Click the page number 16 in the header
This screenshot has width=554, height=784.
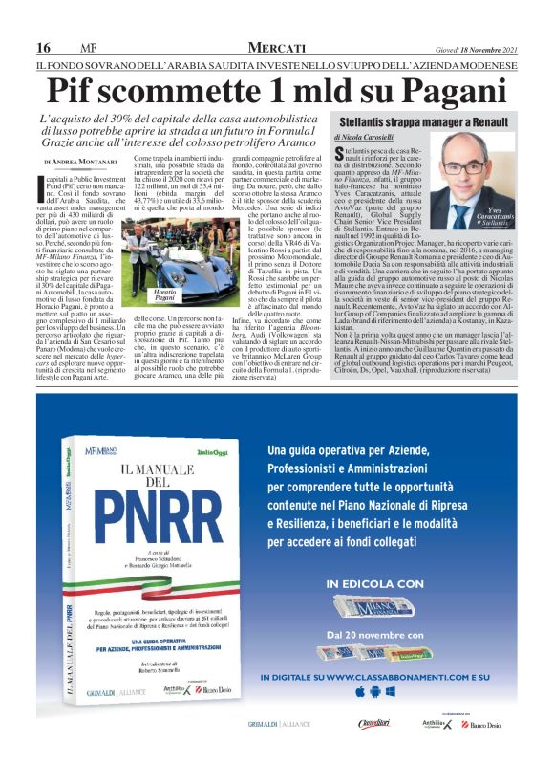tap(43, 48)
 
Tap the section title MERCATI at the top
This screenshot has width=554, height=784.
tap(276, 48)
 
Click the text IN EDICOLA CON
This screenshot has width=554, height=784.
tap(373, 582)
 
